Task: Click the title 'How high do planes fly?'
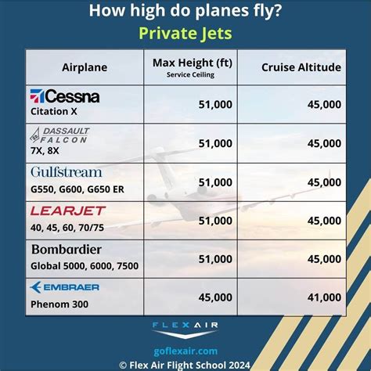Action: (185, 11)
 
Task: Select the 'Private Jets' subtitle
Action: (185, 34)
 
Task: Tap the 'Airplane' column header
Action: (85, 67)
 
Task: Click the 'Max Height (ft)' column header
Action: (190, 62)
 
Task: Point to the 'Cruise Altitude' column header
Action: (301, 67)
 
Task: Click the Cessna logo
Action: (65, 96)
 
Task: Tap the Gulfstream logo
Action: (67, 172)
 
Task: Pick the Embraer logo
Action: (65, 287)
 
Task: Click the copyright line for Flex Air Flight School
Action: (185, 364)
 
